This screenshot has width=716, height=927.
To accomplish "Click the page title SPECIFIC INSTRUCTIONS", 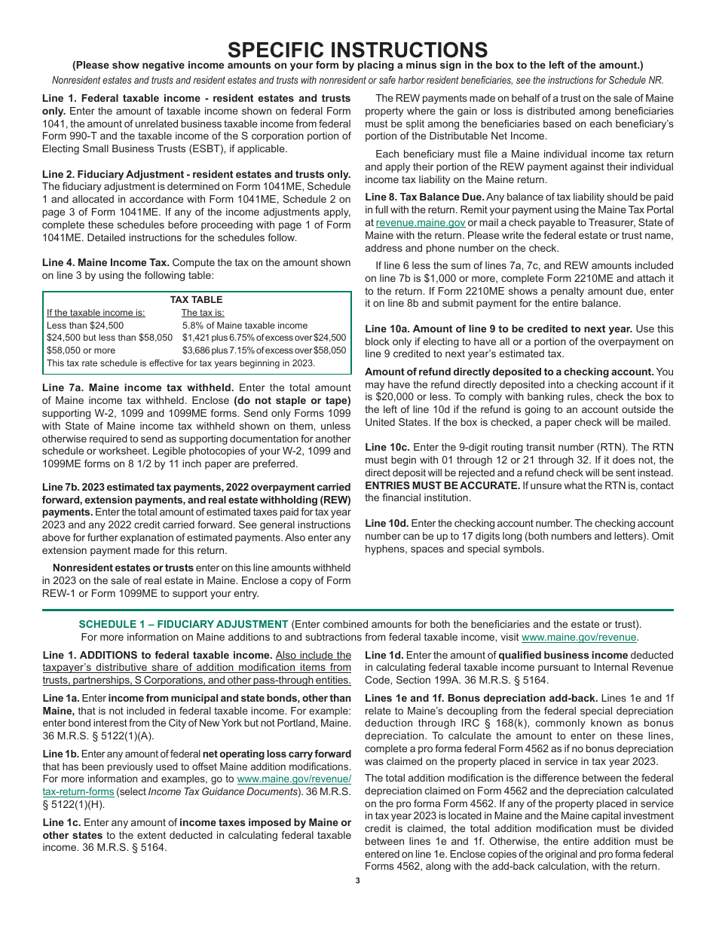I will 357,50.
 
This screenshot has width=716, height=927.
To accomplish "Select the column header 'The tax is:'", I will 203,313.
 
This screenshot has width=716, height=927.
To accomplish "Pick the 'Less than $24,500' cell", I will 85,326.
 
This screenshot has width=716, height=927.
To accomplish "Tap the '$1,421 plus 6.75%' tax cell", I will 264,338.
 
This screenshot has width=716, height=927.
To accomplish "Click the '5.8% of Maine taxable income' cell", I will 245,326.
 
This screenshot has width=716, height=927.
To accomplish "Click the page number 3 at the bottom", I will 358,880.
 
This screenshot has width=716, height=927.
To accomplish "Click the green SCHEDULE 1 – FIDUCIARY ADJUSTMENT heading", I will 183,624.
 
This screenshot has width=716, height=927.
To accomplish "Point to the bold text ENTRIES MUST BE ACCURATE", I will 439,486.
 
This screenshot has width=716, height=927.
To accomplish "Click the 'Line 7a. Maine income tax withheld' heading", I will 138,387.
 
